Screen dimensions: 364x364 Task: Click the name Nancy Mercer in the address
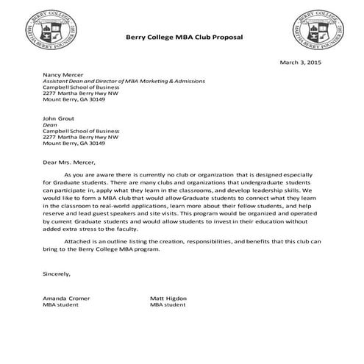coord(62,74)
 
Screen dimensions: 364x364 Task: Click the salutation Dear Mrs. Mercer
coord(69,161)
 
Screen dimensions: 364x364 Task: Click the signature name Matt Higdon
coord(168,297)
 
